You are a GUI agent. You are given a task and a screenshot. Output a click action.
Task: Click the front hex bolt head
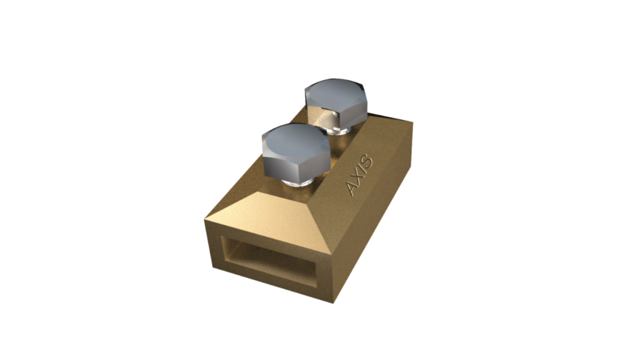pyautogui.click(x=294, y=153)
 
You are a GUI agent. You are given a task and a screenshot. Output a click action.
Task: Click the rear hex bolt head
pyautogui.click(x=336, y=102)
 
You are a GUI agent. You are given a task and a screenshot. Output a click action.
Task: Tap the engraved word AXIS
pyautogui.click(x=361, y=176)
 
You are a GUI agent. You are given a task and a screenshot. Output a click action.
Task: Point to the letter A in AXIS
pyautogui.click(x=353, y=189)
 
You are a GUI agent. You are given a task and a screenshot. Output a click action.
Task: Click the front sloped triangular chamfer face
pyautogui.click(x=262, y=206)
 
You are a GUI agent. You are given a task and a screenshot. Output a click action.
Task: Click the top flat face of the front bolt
pyautogui.click(x=294, y=141)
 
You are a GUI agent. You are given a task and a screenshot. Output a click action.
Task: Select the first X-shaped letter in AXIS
pyautogui.click(x=358, y=181)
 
